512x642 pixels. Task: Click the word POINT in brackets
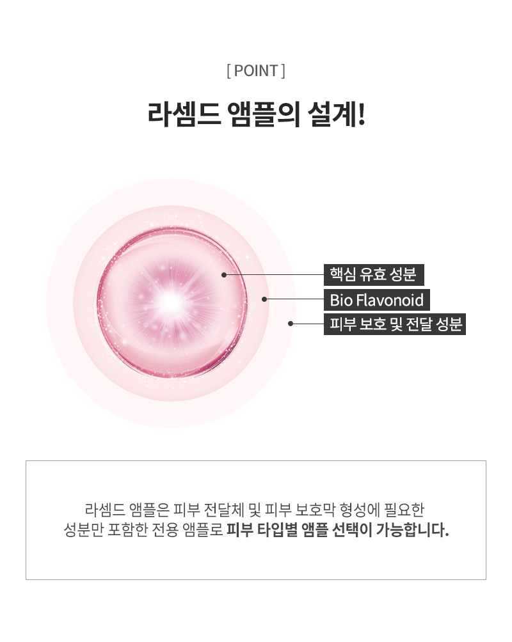click(256, 71)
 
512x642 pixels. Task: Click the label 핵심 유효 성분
click(374, 275)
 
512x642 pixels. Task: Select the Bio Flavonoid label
click(377, 300)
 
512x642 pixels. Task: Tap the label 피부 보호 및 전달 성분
click(395, 324)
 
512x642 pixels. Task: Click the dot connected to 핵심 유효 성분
click(224, 275)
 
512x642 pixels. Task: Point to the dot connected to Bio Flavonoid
click(264, 299)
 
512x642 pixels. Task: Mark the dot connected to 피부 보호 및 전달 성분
click(291, 324)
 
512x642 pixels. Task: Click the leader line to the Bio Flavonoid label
click(294, 299)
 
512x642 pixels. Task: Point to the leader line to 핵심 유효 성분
click(274, 275)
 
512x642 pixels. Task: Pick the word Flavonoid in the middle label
click(390, 300)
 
